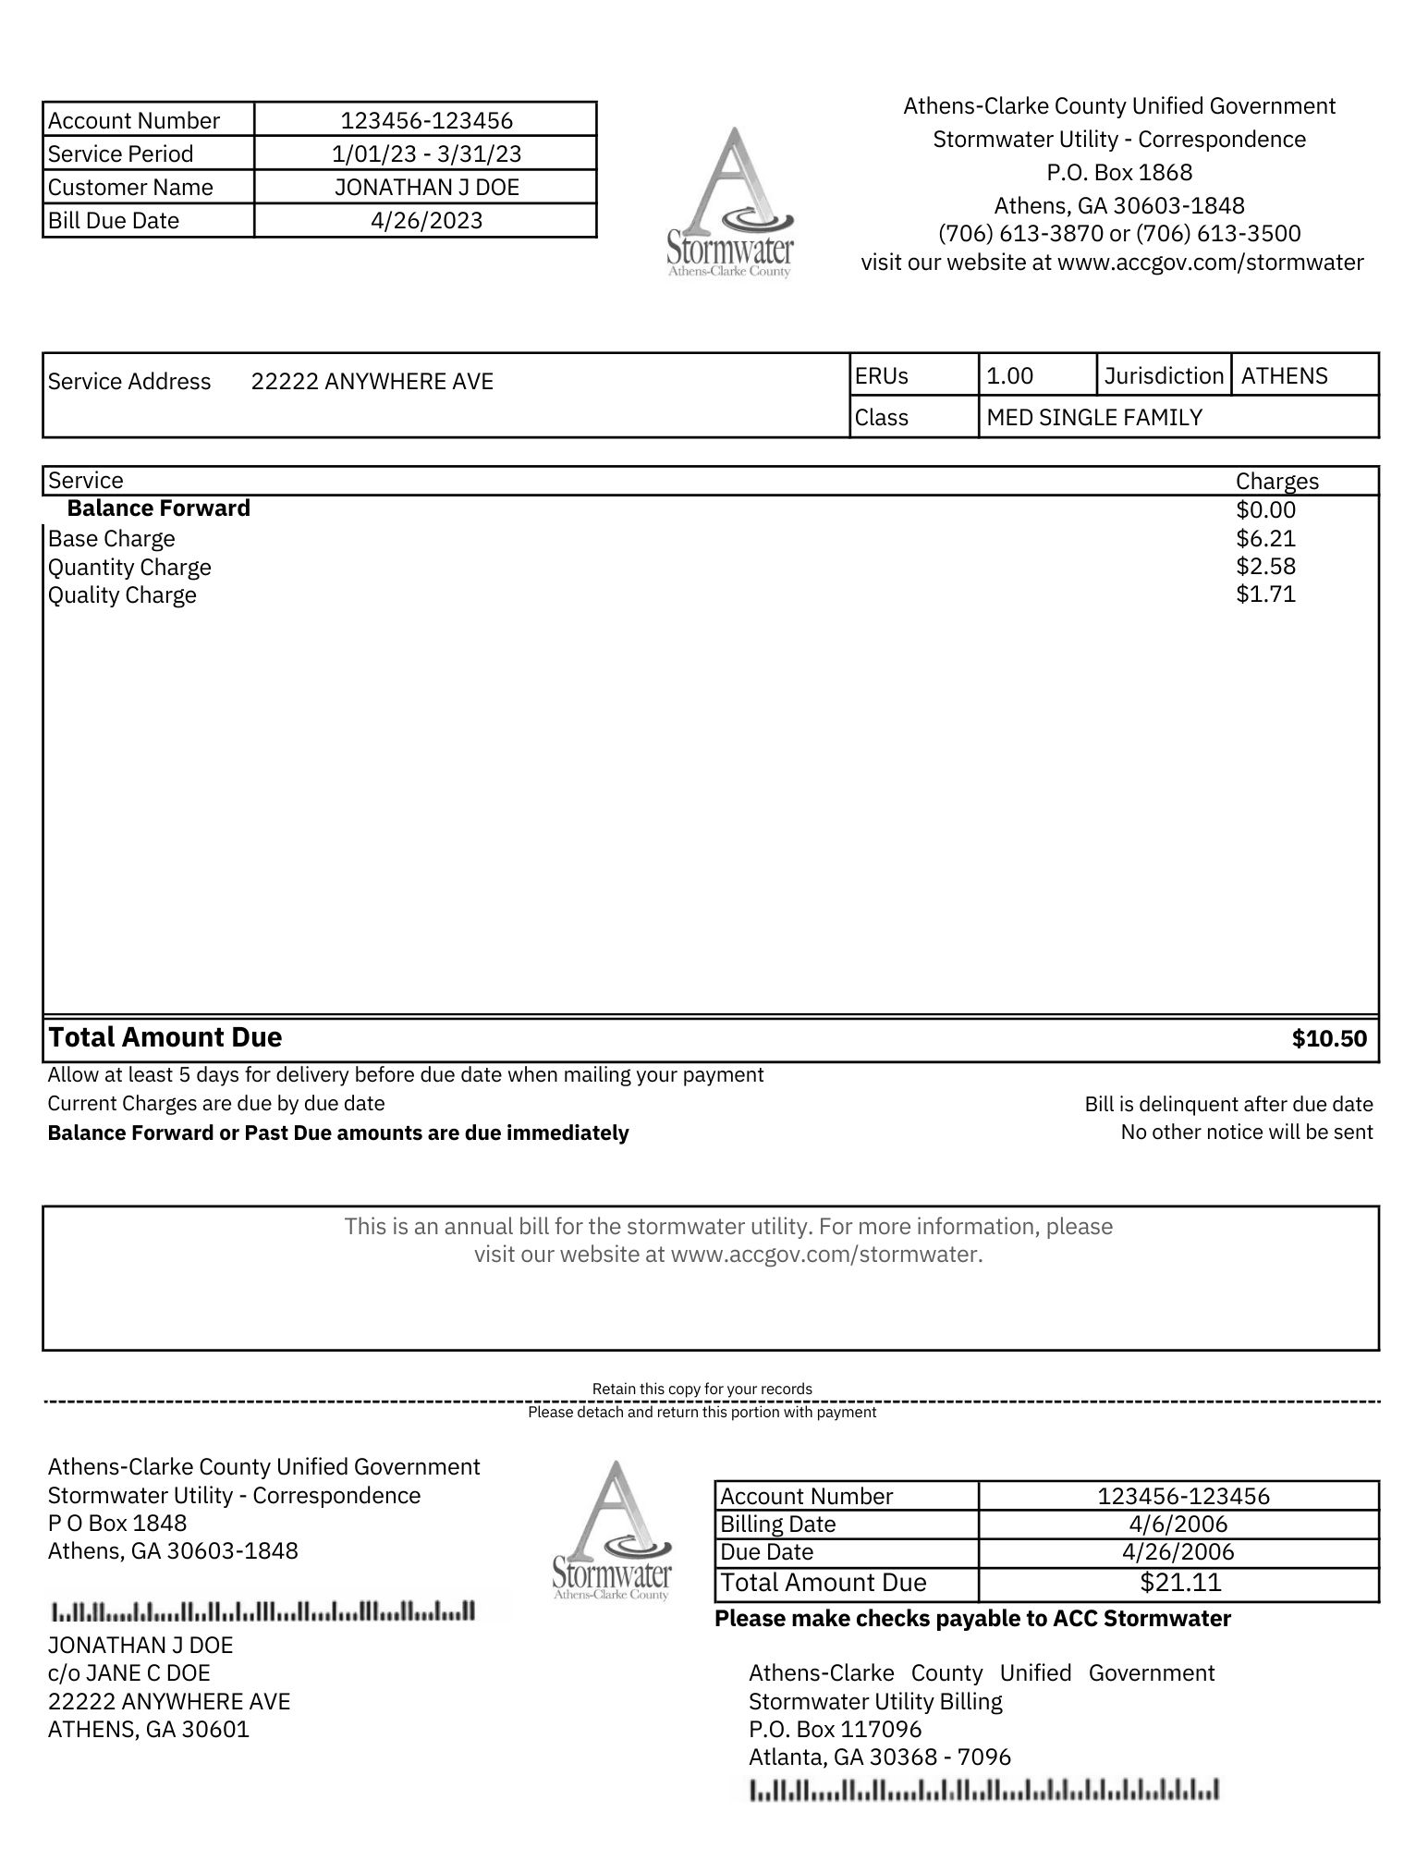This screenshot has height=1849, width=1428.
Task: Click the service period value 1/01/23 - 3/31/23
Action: pyautogui.click(x=426, y=153)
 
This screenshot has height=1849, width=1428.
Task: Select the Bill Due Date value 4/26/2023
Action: pyautogui.click(x=426, y=220)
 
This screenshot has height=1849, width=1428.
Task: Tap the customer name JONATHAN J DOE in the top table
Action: pyautogui.click(x=426, y=187)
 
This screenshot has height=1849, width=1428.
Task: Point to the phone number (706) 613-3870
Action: pyautogui.click(x=1020, y=233)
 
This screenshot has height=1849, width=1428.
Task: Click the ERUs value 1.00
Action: pyautogui.click(x=1009, y=375)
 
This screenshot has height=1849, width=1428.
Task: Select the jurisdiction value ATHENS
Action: pyautogui.click(x=1284, y=375)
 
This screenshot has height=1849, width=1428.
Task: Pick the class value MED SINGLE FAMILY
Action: pyautogui.click(x=1094, y=417)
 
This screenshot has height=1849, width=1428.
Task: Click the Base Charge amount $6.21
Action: pyautogui.click(x=1265, y=538)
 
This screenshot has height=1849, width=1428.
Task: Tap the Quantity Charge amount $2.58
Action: pyautogui.click(x=1265, y=566)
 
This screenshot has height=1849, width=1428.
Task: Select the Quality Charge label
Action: pyautogui.click(x=122, y=594)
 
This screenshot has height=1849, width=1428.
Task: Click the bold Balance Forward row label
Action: pyautogui.click(x=158, y=508)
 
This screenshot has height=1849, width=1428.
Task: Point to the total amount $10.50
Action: pyautogui.click(x=1328, y=1038)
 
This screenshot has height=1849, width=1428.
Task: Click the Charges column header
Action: pyautogui.click(x=1276, y=481)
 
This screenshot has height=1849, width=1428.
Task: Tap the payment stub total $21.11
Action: pyautogui.click(x=1180, y=1582)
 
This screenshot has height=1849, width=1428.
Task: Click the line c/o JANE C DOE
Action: pyautogui.click(x=128, y=1672)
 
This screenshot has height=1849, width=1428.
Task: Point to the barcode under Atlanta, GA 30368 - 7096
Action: pyautogui.click(x=983, y=1790)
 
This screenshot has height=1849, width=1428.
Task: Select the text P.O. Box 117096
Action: pyautogui.click(x=835, y=1729)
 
